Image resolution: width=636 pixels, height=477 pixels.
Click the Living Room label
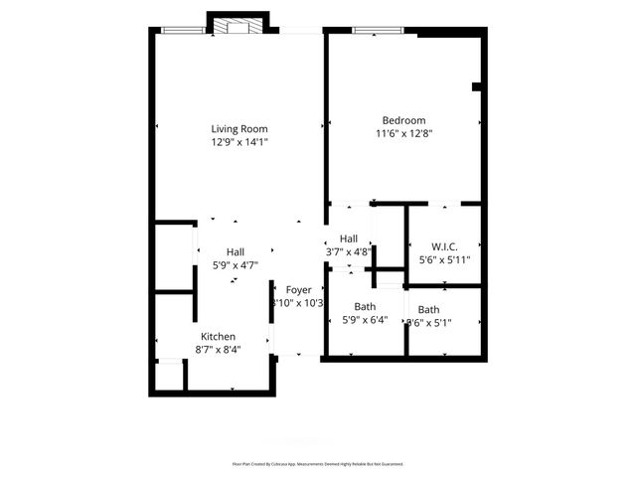[238, 128]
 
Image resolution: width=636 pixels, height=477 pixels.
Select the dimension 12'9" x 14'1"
[238, 142]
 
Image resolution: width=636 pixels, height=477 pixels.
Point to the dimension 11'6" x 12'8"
[403, 134]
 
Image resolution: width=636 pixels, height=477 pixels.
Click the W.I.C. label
[444, 246]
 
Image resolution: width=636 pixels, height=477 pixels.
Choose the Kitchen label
[218, 337]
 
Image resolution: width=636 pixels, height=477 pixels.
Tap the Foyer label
[299, 289]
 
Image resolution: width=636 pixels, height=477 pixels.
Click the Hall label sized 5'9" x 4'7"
[235, 251]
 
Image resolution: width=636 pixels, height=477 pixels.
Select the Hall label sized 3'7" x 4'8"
[349, 238]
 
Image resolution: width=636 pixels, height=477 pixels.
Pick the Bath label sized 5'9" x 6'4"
[365, 307]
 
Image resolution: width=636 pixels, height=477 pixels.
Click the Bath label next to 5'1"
[428, 310]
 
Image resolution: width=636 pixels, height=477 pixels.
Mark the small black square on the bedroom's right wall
[477, 87]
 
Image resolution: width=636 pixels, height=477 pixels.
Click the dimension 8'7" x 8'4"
[218, 350]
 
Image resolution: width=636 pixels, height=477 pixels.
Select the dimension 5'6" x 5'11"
[444, 260]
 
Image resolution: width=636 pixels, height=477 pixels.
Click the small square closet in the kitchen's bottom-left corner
[170, 377]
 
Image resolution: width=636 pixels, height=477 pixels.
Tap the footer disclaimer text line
[318, 463]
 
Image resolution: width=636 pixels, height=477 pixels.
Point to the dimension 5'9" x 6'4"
[365, 320]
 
